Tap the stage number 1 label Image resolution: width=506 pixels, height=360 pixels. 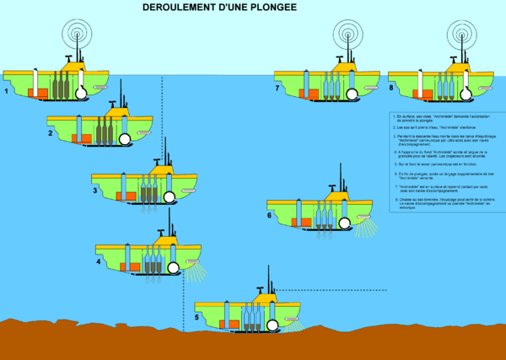[x=7, y=89]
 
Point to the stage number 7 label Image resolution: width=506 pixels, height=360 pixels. [x=277, y=88]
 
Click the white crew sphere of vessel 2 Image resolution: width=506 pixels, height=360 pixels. [x=125, y=137]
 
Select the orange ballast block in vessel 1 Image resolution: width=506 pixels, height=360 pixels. [x=38, y=90]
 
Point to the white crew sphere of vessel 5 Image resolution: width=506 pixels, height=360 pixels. [x=272, y=324]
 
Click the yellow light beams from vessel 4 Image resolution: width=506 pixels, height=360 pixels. [x=195, y=271]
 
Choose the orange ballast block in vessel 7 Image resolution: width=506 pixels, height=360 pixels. [x=310, y=90]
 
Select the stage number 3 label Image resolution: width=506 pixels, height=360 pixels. [x=94, y=191]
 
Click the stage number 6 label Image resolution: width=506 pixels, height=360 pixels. [x=270, y=216]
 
